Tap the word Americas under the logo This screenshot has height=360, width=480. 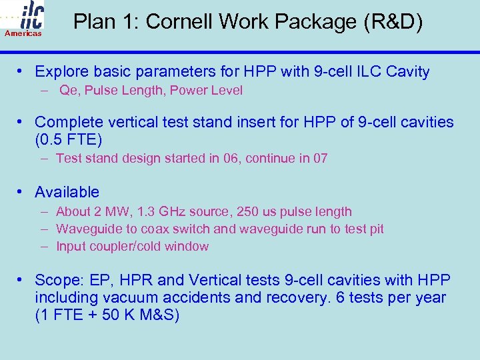click(x=23, y=33)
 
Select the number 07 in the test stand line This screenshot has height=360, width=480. click(x=320, y=158)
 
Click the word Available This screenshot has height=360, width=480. click(x=67, y=192)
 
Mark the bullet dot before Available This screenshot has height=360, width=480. click(x=21, y=192)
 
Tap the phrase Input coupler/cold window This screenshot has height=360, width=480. click(x=132, y=246)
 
